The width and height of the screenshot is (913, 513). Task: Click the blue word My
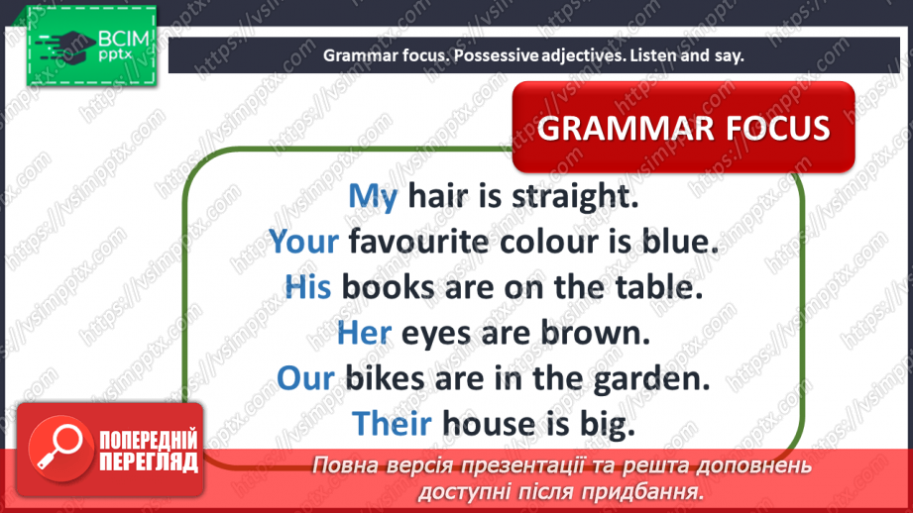pyautogui.click(x=373, y=197)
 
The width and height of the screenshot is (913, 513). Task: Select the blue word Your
pyautogui.click(x=303, y=242)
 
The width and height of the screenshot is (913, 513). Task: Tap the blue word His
pyautogui.click(x=307, y=287)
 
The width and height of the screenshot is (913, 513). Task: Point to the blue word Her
pyautogui.click(x=364, y=333)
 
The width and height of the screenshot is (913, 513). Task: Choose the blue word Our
pyautogui.click(x=305, y=378)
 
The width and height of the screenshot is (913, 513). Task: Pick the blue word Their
pyautogui.click(x=392, y=424)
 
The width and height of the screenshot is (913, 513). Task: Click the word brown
pyautogui.click(x=595, y=333)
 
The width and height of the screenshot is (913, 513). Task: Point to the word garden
pyautogui.click(x=651, y=379)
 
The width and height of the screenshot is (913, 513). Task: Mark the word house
pyautogui.click(x=489, y=424)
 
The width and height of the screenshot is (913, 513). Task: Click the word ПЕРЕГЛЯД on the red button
pyautogui.click(x=149, y=462)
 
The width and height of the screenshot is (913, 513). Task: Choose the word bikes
pyautogui.click(x=385, y=378)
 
